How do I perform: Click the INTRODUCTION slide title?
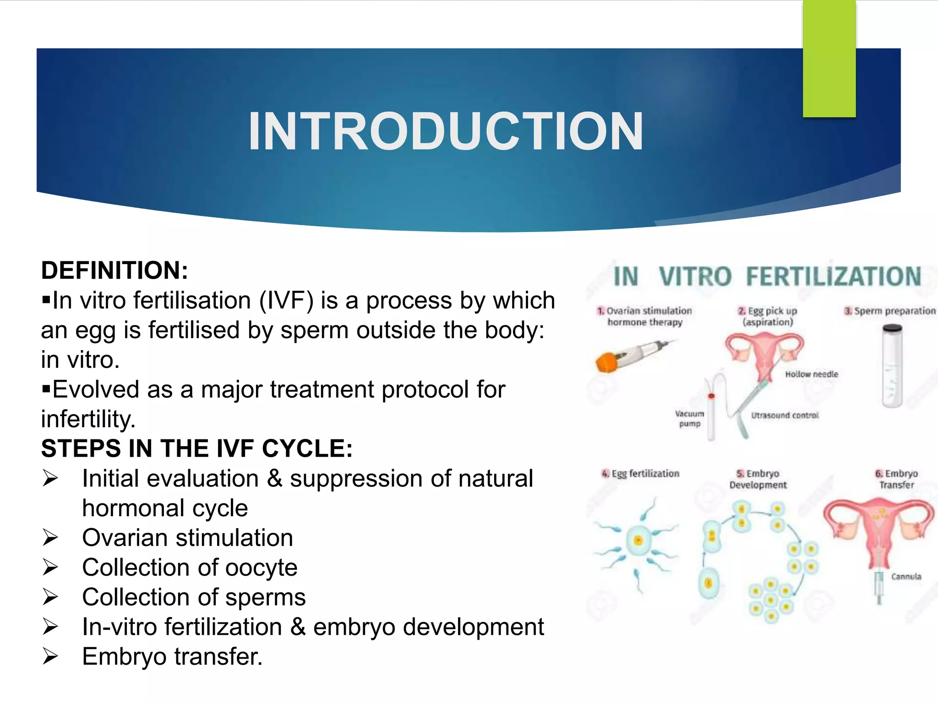click(446, 132)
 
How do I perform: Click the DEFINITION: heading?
click(115, 270)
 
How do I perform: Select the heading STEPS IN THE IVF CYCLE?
click(197, 448)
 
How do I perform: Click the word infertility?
click(88, 419)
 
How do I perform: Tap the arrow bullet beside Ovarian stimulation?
click(50, 537)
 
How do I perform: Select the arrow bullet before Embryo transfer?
click(50, 656)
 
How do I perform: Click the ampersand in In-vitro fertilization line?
click(298, 627)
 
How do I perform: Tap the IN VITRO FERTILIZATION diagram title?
click(767, 276)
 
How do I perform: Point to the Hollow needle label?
click(811, 374)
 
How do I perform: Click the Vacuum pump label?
click(689, 418)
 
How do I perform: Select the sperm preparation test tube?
click(892, 366)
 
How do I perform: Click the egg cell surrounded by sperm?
click(638, 541)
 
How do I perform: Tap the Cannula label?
click(906, 577)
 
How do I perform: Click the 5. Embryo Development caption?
click(758, 479)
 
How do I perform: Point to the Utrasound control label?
click(785, 416)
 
